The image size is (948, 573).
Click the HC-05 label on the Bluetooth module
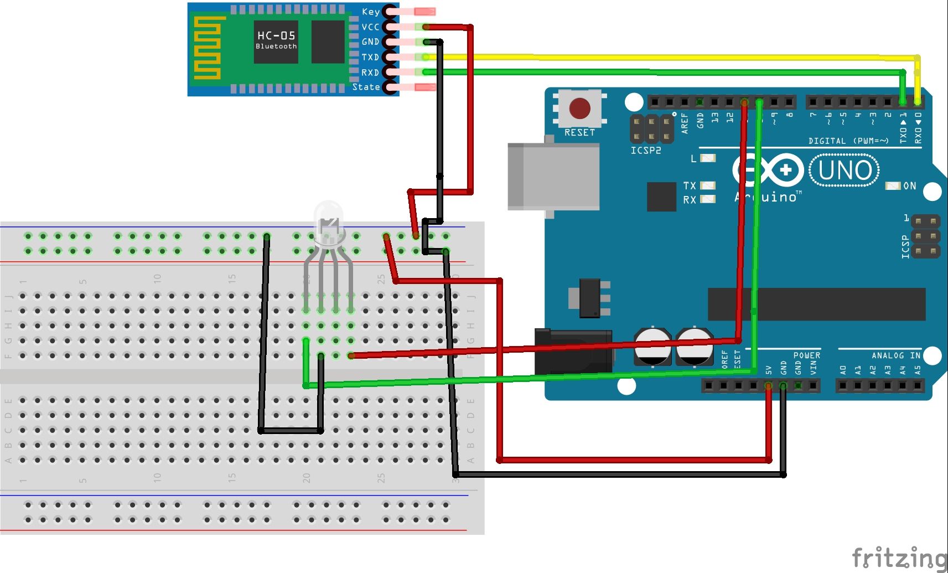pyautogui.click(x=276, y=35)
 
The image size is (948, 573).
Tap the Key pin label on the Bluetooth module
pyautogui.click(x=370, y=12)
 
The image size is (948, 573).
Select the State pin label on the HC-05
pyautogui.click(x=366, y=87)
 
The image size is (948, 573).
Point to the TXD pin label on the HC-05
pyautogui.click(x=370, y=57)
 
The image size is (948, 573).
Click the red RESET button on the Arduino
pyautogui.click(x=579, y=109)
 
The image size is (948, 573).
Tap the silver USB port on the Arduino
pyautogui.click(x=553, y=176)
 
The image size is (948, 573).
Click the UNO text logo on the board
pyautogui.click(x=844, y=171)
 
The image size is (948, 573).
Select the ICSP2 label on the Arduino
pyautogui.click(x=646, y=151)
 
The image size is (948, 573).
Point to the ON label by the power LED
pyautogui.click(x=910, y=186)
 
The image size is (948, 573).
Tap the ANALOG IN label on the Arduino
pyautogui.click(x=895, y=355)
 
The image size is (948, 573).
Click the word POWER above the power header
pyautogui.click(x=806, y=355)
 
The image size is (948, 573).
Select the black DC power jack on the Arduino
pyautogui.click(x=573, y=350)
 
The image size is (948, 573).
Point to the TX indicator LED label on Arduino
pyautogui.click(x=689, y=185)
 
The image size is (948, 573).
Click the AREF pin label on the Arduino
pyautogui.click(x=685, y=123)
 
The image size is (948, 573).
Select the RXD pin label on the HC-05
pyautogui.click(x=370, y=73)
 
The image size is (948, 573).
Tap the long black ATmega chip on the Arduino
pyautogui.click(x=817, y=304)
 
